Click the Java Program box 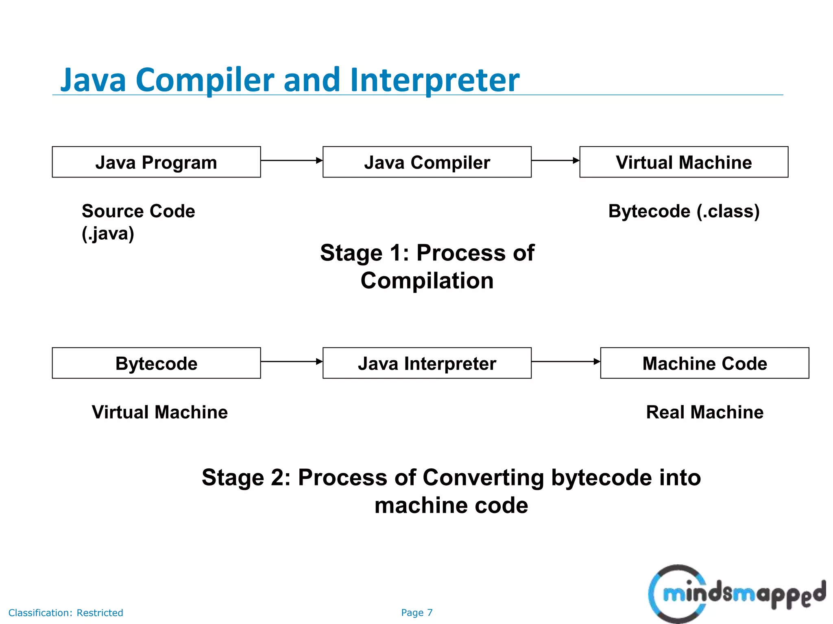156,162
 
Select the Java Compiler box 427,162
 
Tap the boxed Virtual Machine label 683,162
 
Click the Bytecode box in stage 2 156,363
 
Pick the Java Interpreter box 427,363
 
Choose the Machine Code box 704,363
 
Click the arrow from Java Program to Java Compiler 291,160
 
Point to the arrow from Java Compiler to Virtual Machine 555,160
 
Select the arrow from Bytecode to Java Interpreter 291,361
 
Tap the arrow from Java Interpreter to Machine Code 565,361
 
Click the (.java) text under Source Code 108,234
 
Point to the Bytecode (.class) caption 684,211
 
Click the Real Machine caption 704,412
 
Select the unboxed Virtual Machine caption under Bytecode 159,412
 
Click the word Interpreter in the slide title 434,80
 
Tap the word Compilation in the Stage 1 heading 427,281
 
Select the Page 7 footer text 416,613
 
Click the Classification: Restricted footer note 65,613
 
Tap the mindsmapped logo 736,594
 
